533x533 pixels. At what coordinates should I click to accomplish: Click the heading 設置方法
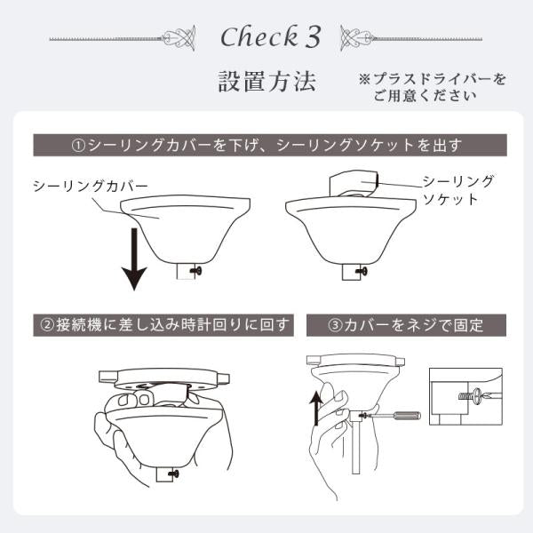pos(266,83)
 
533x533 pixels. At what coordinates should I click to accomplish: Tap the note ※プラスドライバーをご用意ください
pos(432,88)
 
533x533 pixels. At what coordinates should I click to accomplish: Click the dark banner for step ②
pos(163,324)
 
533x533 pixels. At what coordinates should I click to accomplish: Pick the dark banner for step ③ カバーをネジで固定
pos(406,324)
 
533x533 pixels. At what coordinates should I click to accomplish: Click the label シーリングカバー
pos(90,186)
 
